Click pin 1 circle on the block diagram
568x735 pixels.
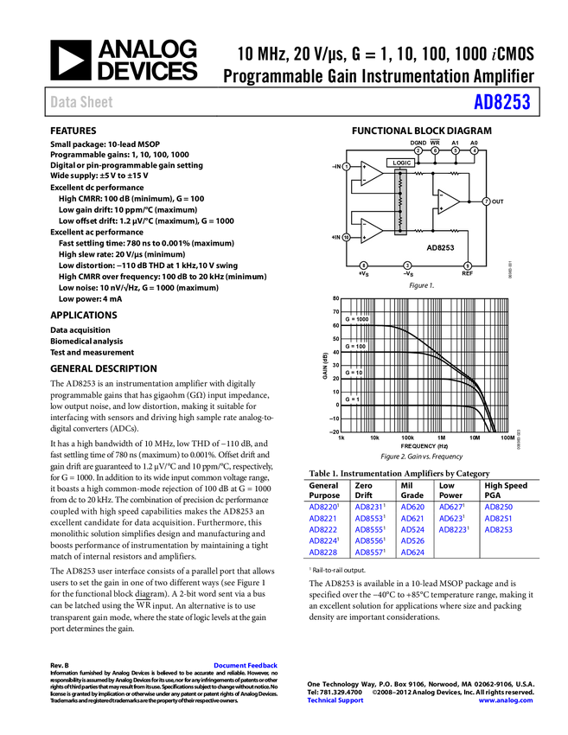(x=347, y=166)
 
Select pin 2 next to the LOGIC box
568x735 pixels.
(x=418, y=151)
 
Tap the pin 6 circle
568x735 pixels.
(x=436, y=151)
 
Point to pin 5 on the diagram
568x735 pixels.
(x=456, y=151)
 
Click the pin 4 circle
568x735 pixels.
(x=475, y=151)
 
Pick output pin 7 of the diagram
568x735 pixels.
(x=487, y=201)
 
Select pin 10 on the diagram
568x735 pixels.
(x=347, y=237)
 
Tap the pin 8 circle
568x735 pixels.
(x=363, y=265)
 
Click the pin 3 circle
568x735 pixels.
(x=407, y=265)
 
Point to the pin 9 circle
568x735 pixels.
(x=468, y=265)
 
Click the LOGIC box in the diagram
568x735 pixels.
(x=402, y=163)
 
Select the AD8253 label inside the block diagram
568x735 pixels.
(x=440, y=247)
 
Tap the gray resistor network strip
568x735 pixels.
(x=400, y=201)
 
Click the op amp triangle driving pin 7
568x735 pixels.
(x=448, y=201)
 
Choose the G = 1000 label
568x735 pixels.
(x=356, y=319)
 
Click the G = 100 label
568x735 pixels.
(x=355, y=346)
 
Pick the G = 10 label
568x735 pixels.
(x=354, y=373)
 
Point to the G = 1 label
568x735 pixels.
(x=352, y=399)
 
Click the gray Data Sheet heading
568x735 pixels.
(x=82, y=102)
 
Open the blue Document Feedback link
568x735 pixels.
(x=246, y=665)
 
